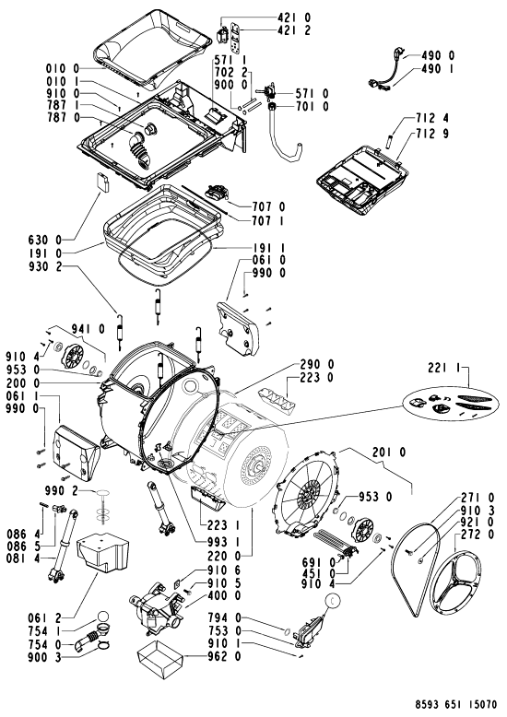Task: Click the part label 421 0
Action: [x=294, y=18]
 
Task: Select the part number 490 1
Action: [x=438, y=68]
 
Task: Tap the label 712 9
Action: [x=432, y=134]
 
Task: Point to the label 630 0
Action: [x=45, y=239]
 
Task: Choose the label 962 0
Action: [x=224, y=657]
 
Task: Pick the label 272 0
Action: [x=478, y=535]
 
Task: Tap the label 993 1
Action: [x=224, y=542]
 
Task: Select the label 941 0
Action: [x=88, y=329]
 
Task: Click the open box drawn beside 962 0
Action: [x=159, y=657]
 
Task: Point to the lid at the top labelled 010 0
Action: [x=152, y=48]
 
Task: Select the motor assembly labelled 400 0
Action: [x=157, y=608]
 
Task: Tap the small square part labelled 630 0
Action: [x=102, y=182]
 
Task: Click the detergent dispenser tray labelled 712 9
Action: [x=362, y=179]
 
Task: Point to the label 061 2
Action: [x=44, y=618]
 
